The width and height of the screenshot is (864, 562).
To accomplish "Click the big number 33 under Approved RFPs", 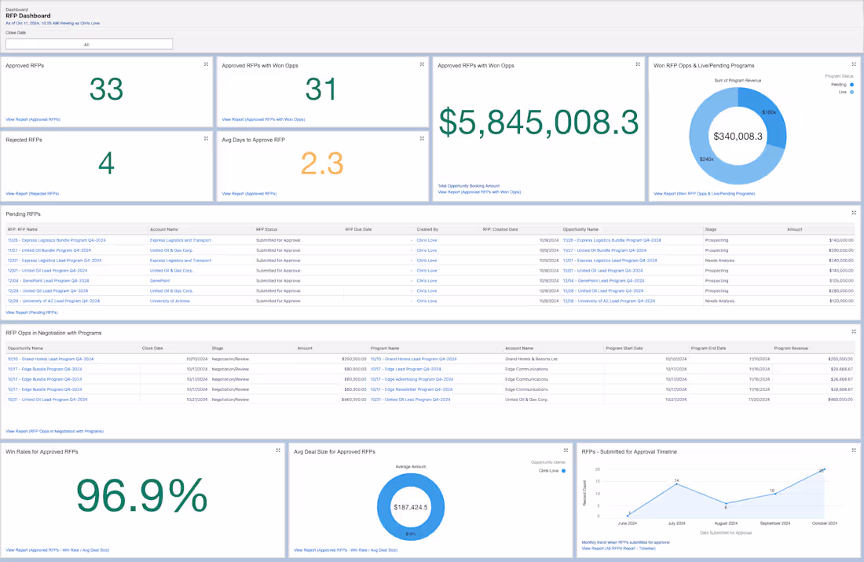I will click(106, 89).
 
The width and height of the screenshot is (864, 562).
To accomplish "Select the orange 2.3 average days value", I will click(322, 163).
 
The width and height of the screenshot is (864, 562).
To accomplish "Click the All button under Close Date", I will click(89, 45).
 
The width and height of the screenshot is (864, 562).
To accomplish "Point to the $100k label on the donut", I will click(769, 112).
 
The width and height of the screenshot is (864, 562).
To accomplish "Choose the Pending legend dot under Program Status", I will click(852, 85).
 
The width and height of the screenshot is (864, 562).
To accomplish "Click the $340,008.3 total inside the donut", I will click(738, 137).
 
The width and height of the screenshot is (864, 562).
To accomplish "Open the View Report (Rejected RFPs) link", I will click(32, 193).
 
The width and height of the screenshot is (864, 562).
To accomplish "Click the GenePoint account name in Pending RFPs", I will click(160, 280).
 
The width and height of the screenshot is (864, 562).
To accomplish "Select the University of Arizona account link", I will click(170, 301).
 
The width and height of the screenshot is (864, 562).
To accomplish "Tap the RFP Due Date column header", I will click(358, 229).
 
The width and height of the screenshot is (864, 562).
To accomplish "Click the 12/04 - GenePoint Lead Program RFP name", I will click(48, 280).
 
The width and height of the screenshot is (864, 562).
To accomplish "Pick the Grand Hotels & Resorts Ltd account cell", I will click(531, 359).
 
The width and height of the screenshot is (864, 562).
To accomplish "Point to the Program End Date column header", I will click(708, 348).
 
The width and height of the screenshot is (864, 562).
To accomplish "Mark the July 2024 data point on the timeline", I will click(676, 484).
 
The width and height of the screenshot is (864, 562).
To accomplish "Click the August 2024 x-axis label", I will click(726, 524).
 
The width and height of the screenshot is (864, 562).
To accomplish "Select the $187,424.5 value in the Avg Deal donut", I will click(411, 507).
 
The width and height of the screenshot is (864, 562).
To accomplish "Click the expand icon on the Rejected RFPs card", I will click(207, 139).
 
